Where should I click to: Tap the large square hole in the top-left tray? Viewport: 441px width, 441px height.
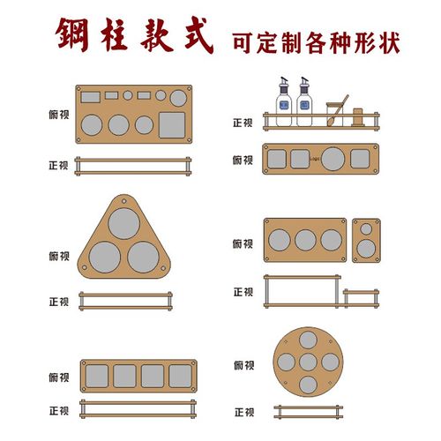[173, 123]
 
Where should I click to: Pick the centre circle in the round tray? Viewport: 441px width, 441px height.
[309, 361]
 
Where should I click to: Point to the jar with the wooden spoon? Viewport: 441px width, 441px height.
[333, 111]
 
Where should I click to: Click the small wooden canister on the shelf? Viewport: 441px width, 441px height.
[359, 114]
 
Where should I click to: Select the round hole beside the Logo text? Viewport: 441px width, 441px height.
[333, 159]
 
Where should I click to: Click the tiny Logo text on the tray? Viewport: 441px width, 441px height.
[314, 158]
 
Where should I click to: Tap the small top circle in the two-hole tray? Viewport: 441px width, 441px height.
[365, 230]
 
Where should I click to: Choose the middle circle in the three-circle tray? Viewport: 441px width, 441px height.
[305, 240]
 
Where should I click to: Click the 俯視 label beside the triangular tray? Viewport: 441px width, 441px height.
[59, 256]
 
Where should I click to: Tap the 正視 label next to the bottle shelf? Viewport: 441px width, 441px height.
[243, 124]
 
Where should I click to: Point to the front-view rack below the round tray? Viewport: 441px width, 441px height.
[309, 412]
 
